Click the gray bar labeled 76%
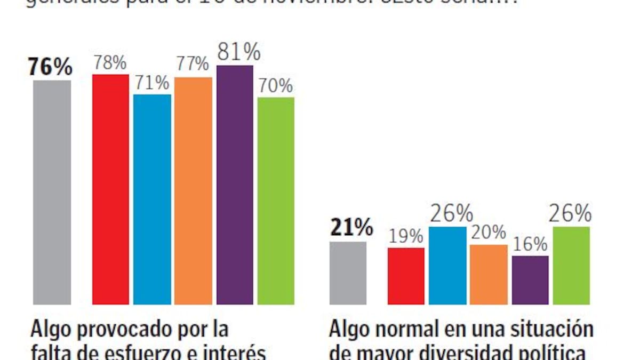(x=52, y=192)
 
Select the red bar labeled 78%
(x=111, y=189)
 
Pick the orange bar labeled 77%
(x=193, y=191)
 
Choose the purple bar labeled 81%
(x=235, y=185)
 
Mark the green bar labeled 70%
(x=276, y=201)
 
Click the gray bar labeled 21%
(x=348, y=273)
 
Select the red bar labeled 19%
(x=406, y=276)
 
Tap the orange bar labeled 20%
(x=489, y=274)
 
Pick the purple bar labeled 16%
(x=530, y=280)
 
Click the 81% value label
(x=238, y=53)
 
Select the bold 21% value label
(x=350, y=229)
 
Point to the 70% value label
(x=276, y=86)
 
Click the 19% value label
(x=405, y=236)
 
